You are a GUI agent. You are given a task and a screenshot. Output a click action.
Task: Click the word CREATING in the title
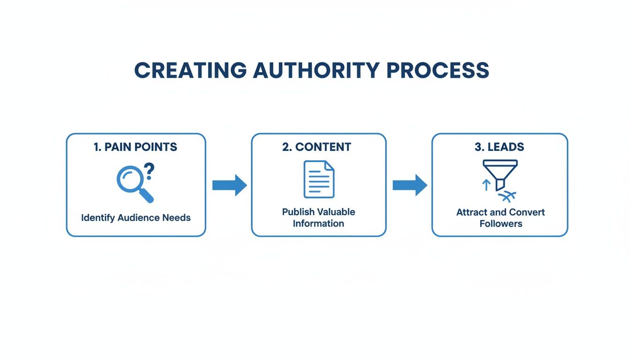pyautogui.click(x=190, y=70)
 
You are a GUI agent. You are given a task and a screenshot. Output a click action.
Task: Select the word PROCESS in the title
pyautogui.click(x=438, y=70)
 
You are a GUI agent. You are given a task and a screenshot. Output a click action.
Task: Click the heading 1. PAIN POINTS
pyautogui.click(x=135, y=147)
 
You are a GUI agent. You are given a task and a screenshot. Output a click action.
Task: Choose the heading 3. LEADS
pyautogui.click(x=499, y=147)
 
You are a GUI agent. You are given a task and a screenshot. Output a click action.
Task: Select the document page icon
pyautogui.click(x=319, y=179)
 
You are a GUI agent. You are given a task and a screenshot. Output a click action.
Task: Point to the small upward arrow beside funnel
pyautogui.click(x=486, y=185)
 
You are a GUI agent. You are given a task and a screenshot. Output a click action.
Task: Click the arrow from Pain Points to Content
pyautogui.click(x=229, y=185)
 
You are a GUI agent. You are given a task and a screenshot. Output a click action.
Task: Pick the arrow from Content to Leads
pyautogui.click(x=410, y=185)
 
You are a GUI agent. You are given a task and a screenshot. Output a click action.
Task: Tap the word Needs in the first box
pyautogui.click(x=176, y=218)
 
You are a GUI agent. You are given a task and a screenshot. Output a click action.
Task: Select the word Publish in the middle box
pyautogui.click(x=298, y=212)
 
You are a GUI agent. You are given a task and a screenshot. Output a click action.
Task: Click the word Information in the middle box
pyautogui.click(x=318, y=224)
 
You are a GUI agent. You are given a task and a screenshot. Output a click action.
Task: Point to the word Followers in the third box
pyautogui.click(x=500, y=224)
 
